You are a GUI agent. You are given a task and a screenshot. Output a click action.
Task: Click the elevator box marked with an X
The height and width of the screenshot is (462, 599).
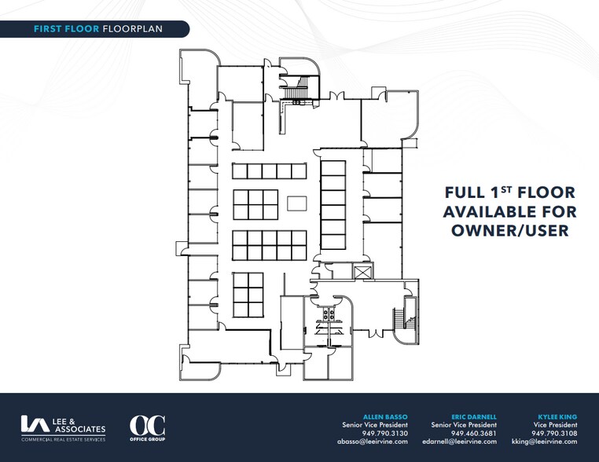[x=362, y=272]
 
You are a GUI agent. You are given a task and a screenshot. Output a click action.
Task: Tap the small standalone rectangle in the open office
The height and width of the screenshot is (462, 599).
[x=297, y=203]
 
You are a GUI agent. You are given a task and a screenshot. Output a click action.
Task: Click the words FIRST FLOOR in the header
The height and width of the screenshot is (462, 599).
[x=67, y=29]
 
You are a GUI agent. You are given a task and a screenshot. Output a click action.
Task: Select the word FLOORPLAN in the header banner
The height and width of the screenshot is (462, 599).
[x=133, y=29]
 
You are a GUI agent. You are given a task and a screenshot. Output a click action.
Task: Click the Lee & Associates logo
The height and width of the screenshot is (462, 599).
[x=63, y=428]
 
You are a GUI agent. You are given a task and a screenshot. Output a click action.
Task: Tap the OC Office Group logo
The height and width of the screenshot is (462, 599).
[x=148, y=428]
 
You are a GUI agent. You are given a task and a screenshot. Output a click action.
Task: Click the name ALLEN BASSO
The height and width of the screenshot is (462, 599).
[x=385, y=417]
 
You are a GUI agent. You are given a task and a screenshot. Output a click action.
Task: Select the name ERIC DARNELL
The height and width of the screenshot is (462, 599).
[x=474, y=417]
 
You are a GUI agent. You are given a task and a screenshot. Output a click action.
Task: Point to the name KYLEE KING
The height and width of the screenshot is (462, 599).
[x=557, y=417]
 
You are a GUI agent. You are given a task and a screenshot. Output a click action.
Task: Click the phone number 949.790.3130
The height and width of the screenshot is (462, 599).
[x=384, y=434]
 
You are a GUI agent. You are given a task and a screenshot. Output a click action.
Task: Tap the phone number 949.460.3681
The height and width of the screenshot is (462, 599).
[x=474, y=434]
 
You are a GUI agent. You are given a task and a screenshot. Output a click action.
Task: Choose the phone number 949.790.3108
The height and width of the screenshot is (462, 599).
[x=554, y=434]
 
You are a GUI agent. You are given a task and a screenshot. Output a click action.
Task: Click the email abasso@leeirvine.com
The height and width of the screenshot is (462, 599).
[x=373, y=442]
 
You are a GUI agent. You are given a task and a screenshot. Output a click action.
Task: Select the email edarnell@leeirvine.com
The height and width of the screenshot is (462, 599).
[x=460, y=442]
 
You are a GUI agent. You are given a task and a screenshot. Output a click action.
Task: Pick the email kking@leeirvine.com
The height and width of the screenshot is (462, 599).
[x=545, y=442]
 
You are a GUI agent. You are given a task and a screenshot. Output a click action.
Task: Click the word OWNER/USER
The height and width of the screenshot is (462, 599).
[x=510, y=231]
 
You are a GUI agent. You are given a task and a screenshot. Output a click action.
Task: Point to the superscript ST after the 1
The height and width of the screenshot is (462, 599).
[x=505, y=189]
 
